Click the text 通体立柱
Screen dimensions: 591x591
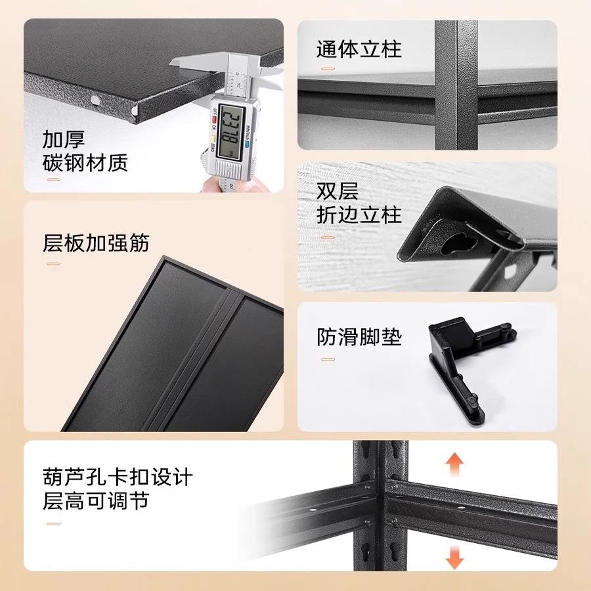(359, 50)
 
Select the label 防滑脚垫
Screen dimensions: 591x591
(359, 338)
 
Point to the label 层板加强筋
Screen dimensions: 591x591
(96, 243)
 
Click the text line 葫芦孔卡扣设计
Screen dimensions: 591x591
(118, 477)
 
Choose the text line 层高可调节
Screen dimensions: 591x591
(96, 502)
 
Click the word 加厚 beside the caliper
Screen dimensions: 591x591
(64, 140)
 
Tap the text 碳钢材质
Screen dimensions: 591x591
(85, 163)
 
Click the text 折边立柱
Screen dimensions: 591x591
(359, 215)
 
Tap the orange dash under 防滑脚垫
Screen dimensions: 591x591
(328, 359)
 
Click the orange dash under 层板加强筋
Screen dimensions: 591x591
(53, 265)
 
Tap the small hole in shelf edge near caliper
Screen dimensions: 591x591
(97, 99)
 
